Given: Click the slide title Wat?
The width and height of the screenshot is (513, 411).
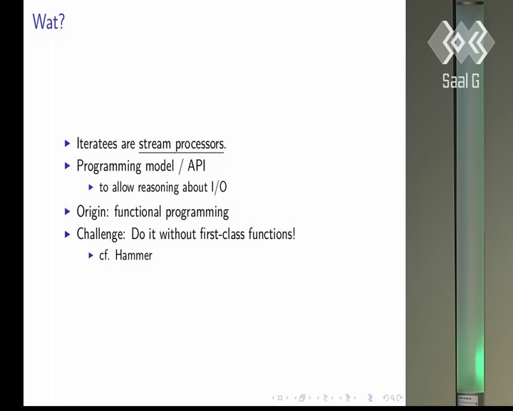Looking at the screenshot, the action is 48,21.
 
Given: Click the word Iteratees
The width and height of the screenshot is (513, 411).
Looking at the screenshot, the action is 97,143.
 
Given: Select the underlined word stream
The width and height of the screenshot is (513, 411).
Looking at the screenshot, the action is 155,144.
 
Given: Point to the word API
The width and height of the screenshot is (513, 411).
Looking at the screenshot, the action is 197,166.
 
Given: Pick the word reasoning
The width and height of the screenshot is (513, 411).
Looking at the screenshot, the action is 158,188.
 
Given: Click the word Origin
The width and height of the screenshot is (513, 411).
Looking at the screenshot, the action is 93,212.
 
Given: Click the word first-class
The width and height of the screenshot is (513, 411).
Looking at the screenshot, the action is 222,234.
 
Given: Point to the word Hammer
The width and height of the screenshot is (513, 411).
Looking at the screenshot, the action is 133,255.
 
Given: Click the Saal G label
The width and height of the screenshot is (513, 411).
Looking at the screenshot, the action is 461,81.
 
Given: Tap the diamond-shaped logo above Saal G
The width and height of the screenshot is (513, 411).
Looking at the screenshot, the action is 461,42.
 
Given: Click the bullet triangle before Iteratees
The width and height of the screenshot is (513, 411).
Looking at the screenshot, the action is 68,143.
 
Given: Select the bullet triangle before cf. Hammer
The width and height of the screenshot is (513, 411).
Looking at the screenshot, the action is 91,255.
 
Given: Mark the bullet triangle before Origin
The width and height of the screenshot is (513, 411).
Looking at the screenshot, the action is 68,211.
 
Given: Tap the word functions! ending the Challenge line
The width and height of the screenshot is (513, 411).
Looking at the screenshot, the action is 272,234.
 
